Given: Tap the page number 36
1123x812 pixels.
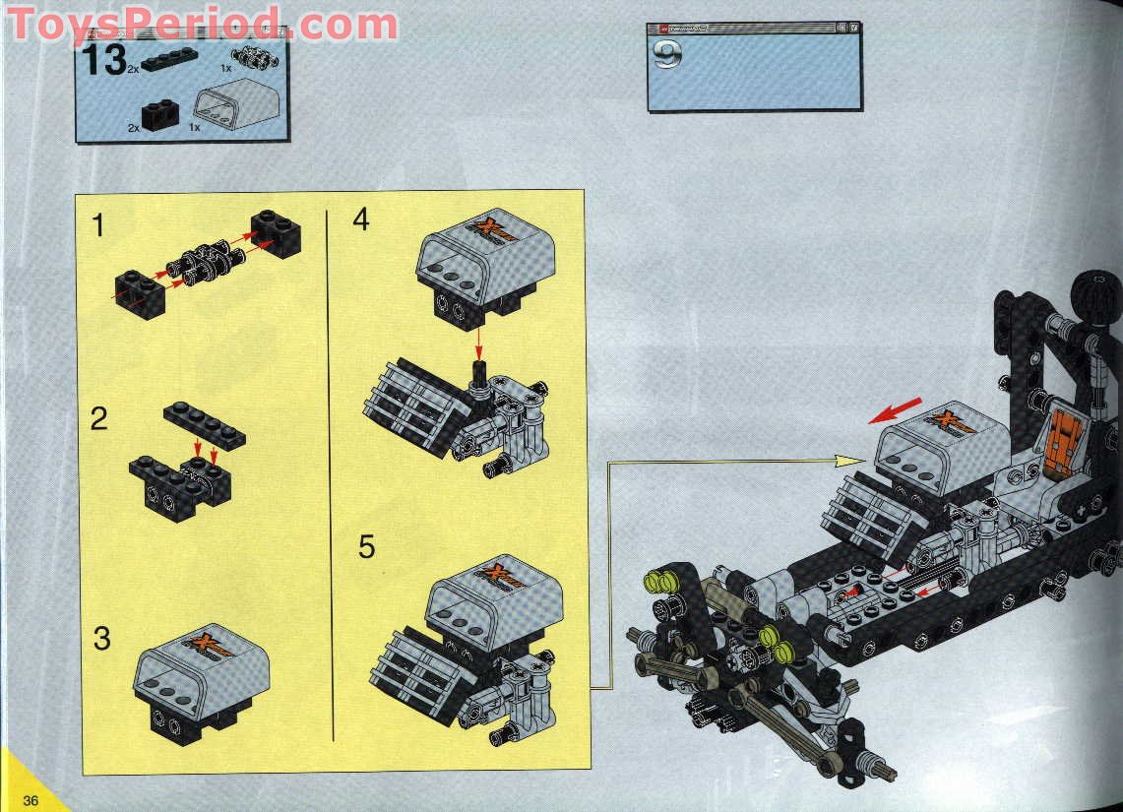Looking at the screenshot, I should (31, 800).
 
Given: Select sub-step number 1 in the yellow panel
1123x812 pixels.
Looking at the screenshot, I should (97, 226).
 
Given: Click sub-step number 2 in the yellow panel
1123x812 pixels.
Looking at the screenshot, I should (98, 419).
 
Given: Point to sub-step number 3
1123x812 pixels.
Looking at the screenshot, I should (101, 638).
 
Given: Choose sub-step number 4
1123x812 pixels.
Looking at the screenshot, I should (361, 219).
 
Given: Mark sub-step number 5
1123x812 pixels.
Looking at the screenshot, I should (366, 547).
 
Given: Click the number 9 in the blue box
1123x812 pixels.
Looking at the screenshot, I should (666, 55).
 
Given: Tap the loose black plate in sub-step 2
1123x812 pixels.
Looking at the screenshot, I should (205, 424).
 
